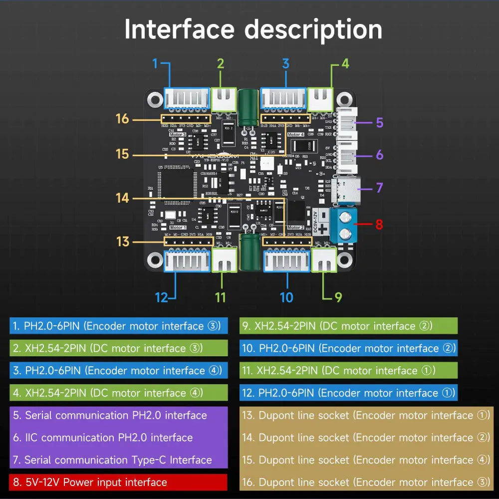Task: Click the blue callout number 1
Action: click(155, 64)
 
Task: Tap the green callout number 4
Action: click(345, 64)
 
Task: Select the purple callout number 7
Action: click(379, 188)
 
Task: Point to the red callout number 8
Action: click(379, 225)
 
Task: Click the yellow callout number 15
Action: click(123, 154)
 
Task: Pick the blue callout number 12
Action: click(161, 297)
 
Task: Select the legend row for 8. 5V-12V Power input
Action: click(118, 482)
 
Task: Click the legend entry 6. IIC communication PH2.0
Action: click(118, 438)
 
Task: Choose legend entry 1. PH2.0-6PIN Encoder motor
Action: click(118, 326)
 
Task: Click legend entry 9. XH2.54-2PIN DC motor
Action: click(348, 326)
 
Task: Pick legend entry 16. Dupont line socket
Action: click(365, 482)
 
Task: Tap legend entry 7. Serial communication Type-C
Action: click(118, 460)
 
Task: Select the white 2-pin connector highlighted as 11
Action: click(225, 259)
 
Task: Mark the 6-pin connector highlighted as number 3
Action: click(283, 98)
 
